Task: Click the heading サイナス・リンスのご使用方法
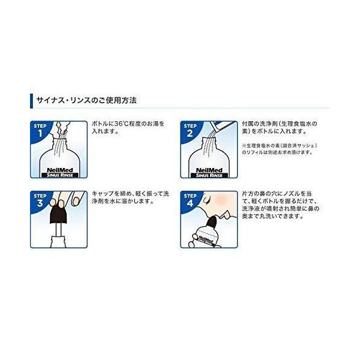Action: (x=86, y=101)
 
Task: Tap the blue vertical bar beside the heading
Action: (x=31, y=101)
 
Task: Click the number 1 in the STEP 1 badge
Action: (x=40, y=133)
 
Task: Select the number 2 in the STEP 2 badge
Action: (x=190, y=133)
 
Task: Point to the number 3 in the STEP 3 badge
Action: (x=40, y=203)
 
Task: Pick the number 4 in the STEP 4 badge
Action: (x=190, y=203)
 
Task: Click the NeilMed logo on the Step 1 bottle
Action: (x=59, y=170)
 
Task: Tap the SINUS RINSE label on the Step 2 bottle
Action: (x=209, y=175)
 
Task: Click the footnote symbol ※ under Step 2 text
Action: (x=244, y=146)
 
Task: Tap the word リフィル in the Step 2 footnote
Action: (x=254, y=152)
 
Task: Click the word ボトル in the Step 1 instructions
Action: (x=100, y=124)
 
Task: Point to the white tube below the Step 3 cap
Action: (x=59, y=231)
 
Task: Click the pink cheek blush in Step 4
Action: (x=222, y=197)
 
